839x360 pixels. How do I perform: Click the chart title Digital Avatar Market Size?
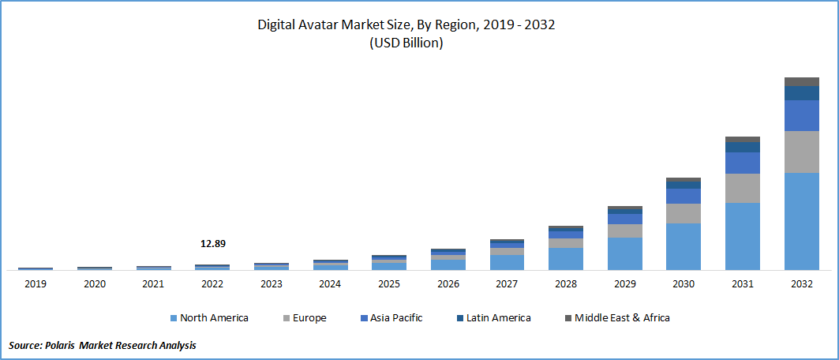pos(406,24)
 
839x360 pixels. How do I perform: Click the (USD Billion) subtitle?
pos(406,43)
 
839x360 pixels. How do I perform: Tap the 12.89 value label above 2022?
pos(212,244)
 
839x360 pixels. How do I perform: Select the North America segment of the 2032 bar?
pos(801,221)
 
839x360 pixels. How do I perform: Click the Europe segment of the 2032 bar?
pos(801,152)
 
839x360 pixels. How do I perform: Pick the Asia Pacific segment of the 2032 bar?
pos(801,115)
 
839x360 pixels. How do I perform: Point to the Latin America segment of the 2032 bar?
pos(801,93)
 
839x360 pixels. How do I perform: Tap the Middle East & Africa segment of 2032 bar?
pos(801,81)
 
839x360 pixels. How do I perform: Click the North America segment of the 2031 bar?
pos(743,236)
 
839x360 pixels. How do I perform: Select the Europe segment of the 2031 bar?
pos(743,188)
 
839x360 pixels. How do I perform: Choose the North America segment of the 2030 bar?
pos(684,246)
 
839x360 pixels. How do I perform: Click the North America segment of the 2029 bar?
pos(624,253)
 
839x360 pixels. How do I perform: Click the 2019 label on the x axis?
pos(36,283)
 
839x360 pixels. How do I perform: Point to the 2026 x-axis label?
pos(448,283)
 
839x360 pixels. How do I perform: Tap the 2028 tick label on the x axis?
pos(566,283)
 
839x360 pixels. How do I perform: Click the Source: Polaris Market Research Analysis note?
pos(103,346)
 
